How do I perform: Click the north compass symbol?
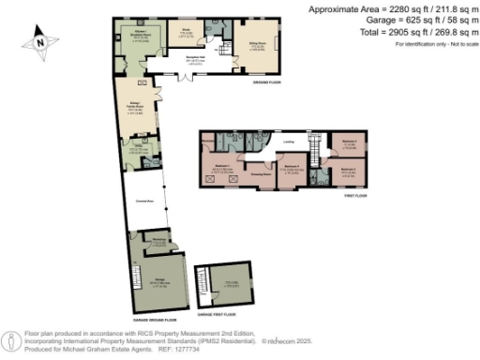pyautogui.click(x=38, y=41)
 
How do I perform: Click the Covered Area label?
pyautogui.click(x=145, y=200)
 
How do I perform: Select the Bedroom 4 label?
pyautogui.click(x=292, y=166)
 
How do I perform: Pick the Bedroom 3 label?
pyautogui.click(x=351, y=142)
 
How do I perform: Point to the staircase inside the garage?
pyautogui.click(x=200, y=282)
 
